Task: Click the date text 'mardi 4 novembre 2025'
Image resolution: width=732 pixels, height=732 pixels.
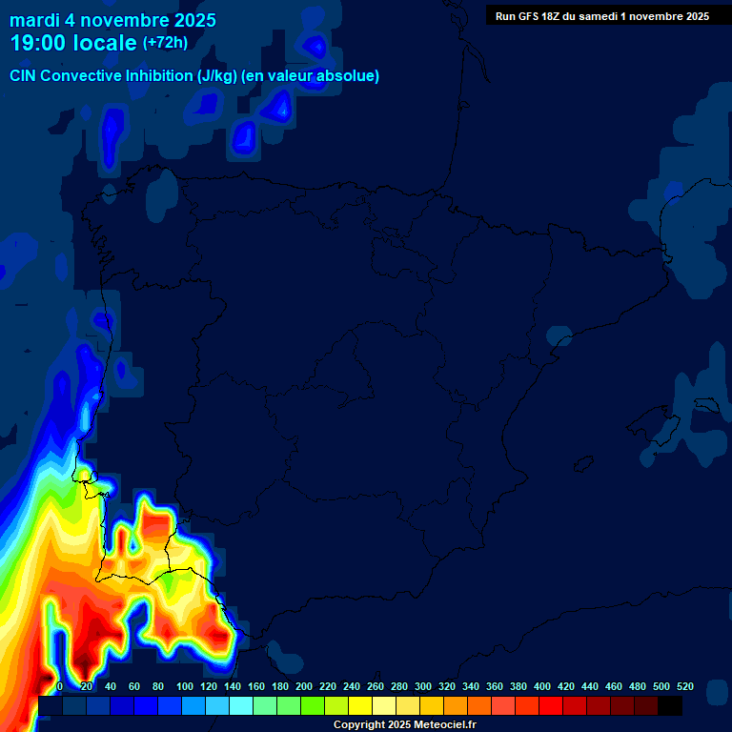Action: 112,20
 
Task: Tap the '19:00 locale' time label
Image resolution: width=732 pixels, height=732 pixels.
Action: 74,44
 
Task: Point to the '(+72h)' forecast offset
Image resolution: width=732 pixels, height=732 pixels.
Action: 165,43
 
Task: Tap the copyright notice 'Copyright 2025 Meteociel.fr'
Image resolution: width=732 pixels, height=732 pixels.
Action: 404,725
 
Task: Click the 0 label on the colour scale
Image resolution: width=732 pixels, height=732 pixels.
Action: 60,686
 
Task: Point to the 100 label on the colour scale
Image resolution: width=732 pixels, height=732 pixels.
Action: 185,686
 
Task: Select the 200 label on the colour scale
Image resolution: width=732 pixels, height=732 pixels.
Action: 304,686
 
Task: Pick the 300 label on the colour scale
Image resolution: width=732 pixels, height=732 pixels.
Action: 423,686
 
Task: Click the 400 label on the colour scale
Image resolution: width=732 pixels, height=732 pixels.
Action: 542,686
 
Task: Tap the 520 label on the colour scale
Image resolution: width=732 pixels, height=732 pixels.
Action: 685,686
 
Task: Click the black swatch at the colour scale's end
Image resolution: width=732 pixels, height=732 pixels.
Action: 670,705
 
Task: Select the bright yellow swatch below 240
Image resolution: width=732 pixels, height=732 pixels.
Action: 359,705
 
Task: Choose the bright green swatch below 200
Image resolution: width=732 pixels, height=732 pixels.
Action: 312,705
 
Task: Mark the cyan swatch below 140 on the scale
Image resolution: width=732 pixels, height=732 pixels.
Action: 240,705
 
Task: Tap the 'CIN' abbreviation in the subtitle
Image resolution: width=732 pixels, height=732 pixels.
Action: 23,76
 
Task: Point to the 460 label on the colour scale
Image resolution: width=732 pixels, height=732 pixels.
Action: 614,686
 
